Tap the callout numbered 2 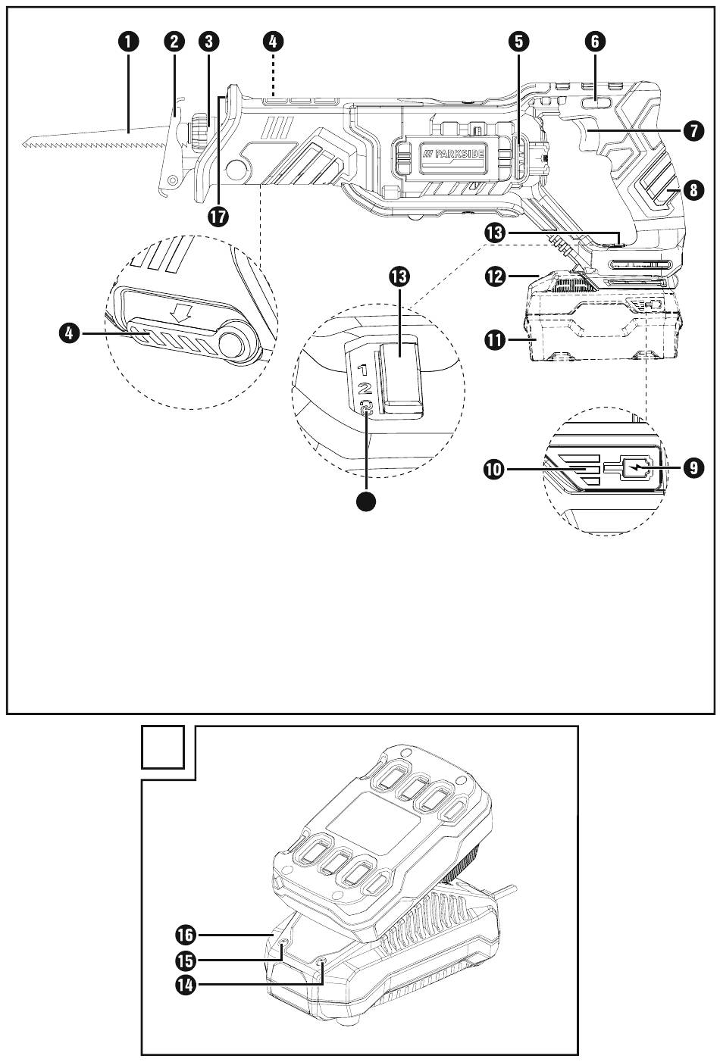[x=174, y=41]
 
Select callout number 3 [x=209, y=41]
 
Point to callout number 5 [x=518, y=41]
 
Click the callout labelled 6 [x=595, y=41]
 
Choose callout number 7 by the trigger [x=693, y=130]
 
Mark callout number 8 [x=693, y=189]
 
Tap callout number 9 [x=693, y=468]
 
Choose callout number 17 [x=218, y=216]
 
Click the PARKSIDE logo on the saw [x=452, y=152]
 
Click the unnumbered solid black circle [x=367, y=501]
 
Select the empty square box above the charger [x=163, y=747]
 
